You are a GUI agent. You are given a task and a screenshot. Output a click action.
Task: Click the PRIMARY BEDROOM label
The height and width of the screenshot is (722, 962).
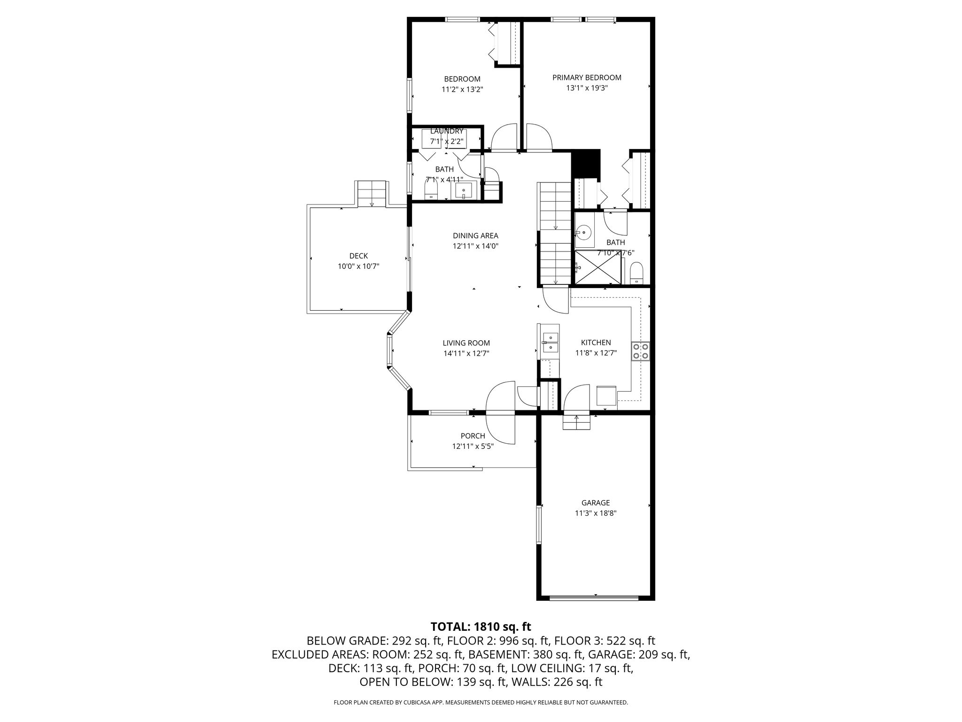click(587, 78)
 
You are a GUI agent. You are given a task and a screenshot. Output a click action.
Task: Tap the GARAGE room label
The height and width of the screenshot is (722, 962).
click(596, 503)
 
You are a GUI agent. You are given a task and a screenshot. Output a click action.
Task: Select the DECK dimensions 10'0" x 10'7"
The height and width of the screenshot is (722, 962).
click(358, 267)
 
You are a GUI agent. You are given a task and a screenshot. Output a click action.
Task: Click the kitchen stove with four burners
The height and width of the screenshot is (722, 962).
click(641, 351)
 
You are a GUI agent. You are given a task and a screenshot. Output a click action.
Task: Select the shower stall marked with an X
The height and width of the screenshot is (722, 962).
click(598, 267)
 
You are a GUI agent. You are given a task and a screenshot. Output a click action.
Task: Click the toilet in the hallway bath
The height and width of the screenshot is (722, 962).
click(431, 191)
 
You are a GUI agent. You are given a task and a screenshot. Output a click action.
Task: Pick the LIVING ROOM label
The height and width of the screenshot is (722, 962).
click(466, 343)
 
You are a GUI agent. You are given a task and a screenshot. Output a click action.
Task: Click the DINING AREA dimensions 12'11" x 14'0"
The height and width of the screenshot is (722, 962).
click(475, 246)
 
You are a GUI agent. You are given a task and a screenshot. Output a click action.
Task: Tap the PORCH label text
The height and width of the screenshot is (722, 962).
click(473, 436)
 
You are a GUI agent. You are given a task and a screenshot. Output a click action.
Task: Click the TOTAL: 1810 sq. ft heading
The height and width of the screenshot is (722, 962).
click(481, 627)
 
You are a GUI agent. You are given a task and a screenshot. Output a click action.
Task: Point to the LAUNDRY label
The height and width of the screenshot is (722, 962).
click(447, 131)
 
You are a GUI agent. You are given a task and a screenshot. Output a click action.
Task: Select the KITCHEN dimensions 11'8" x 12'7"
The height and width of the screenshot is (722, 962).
click(596, 353)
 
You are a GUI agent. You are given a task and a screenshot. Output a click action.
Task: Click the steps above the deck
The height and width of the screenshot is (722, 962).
click(372, 194)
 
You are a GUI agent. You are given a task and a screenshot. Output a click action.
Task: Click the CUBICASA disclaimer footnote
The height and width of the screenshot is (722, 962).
click(481, 702)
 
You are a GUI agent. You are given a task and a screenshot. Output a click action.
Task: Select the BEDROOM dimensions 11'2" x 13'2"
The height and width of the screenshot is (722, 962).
click(462, 88)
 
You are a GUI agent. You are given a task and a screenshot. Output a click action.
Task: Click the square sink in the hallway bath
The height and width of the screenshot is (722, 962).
click(463, 191)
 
